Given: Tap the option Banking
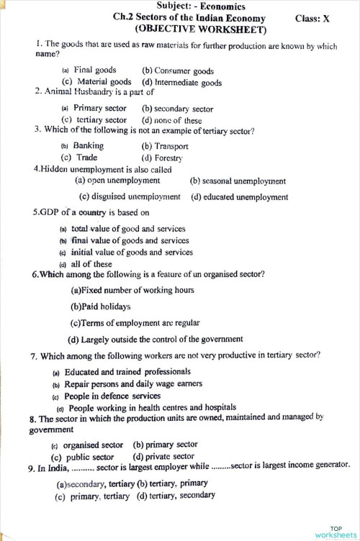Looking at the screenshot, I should [x=88, y=145].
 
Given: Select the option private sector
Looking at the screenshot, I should [x=163, y=456].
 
